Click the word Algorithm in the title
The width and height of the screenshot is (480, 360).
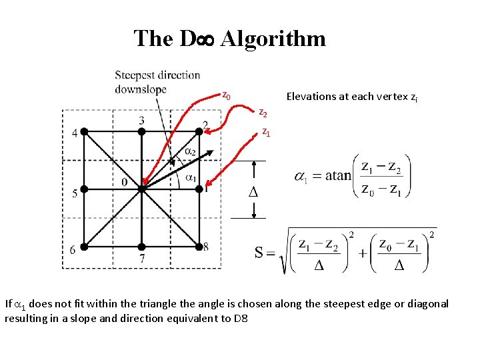(273, 39)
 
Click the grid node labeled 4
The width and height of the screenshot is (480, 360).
(84, 132)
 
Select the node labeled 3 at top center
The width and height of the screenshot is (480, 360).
(142, 132)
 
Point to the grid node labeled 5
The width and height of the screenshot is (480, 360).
(84, 189)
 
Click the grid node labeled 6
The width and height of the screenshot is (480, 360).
(84, 247)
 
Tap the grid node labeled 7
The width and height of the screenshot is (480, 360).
(142, 247)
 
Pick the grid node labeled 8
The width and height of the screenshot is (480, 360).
(199, 247)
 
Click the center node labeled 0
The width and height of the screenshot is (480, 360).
(142, 189)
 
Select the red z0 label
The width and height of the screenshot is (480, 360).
(226, 95)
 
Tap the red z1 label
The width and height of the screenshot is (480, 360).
(265, 132)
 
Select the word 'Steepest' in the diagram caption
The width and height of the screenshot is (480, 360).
(136, 76)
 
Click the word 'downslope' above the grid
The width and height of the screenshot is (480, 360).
(140, 89)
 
